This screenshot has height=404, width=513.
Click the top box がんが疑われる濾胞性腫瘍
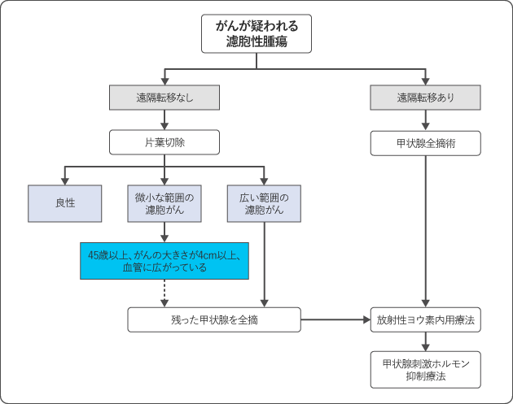pos(256,33)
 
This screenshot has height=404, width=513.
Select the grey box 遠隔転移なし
pos(164,98)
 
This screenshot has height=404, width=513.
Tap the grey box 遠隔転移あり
pos(425,98)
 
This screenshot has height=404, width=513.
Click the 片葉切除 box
pos(164,143)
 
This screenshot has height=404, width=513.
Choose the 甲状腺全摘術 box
pos(425,143)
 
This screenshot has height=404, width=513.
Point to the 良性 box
pos(65,203)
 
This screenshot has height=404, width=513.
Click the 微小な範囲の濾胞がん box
pos(164,203)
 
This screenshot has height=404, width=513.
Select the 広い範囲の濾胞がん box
pos(265,203)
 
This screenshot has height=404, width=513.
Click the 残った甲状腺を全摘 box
pos(215,319)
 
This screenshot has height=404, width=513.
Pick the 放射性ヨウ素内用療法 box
pos(425,319)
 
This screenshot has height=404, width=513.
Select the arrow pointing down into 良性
pos(65,176)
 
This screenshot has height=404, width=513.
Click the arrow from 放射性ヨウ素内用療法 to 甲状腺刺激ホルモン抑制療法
pos(425,341)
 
